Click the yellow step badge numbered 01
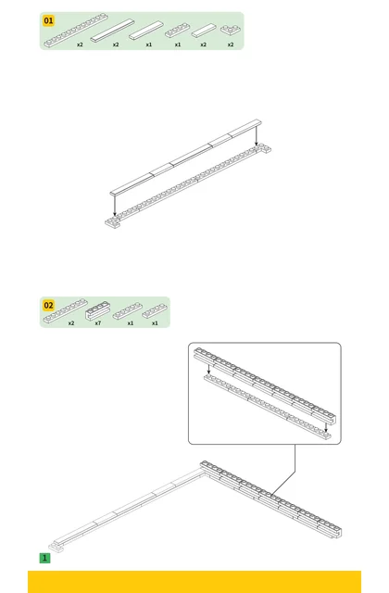click(x=49, y=20)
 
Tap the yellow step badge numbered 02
click(x=49, y=305)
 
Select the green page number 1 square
click(x=44, y=558)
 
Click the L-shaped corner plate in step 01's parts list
click(x=230, y=30)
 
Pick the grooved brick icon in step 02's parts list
click(x=97, y=310)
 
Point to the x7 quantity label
click(x=98, y=323)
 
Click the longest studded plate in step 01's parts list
click(x=75, y=31)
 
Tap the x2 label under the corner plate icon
click(x=231, y=44)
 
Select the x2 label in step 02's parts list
click(x=71, y=323)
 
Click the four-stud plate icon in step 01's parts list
click(x=177, y=31)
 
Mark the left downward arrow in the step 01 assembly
click(x=115, y=205)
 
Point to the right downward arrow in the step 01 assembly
click(x=257, y=135)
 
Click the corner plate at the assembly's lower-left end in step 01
click(x=113, y=222)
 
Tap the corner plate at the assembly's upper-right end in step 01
click(x=263, y=148)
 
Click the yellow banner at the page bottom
click(x=194, y=582)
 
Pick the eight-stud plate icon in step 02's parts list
click(x=66, y=311)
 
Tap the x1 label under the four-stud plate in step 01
click(x=178, y=44)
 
